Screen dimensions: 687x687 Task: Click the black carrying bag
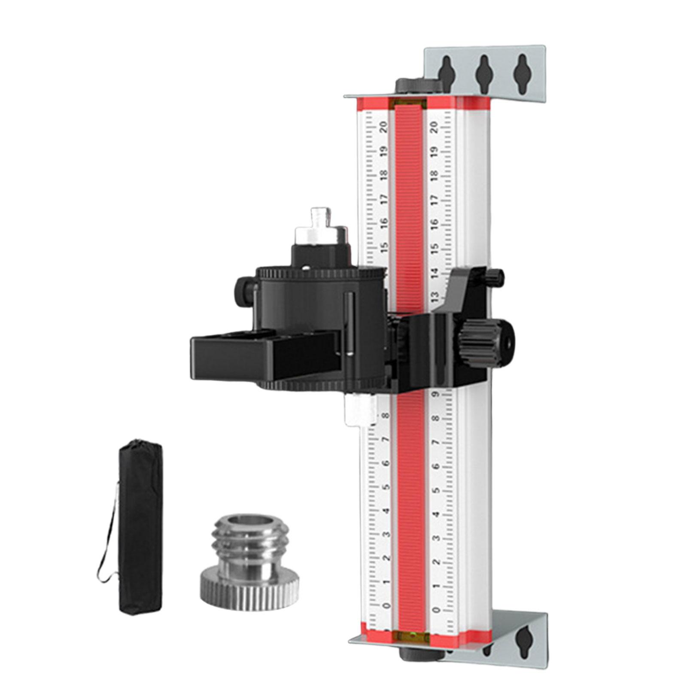click(x=140, y=526)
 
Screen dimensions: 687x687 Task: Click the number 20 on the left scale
click(x=383, y=127)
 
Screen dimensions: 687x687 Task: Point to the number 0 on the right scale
click(x=437, y=610)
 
